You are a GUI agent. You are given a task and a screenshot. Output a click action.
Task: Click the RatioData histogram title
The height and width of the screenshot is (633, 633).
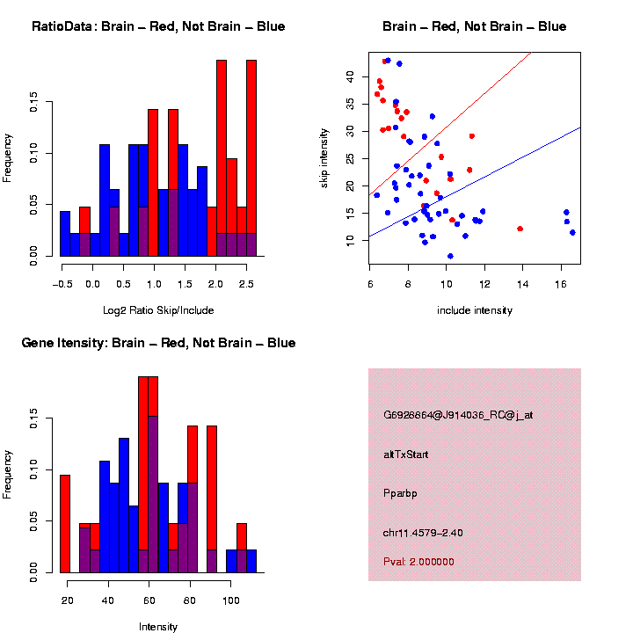coord(158,26)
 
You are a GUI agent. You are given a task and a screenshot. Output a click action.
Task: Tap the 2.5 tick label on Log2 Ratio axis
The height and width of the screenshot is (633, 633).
coord(247,285)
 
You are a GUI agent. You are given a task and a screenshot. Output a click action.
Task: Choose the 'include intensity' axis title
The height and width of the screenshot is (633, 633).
coord(475,309)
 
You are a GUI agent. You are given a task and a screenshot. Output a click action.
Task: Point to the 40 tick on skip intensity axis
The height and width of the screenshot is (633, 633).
coord(349,77)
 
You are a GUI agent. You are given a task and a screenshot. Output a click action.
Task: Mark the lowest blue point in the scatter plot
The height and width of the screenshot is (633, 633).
coord(450,256)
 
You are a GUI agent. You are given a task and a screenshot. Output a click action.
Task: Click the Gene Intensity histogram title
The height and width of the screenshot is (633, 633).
coord(158,343)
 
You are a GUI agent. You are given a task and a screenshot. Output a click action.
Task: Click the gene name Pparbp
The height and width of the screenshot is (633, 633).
coord(400,493)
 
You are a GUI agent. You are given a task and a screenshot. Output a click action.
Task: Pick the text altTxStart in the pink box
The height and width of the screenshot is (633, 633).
coord(406,455)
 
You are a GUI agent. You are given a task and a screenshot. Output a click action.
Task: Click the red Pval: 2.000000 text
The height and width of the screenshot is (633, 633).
coord(418,561)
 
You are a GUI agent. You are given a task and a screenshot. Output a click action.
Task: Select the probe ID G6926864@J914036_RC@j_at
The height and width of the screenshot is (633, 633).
coord(458,415)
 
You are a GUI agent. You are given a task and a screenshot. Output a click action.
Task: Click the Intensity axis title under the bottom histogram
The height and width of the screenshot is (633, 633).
coord(158,626)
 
